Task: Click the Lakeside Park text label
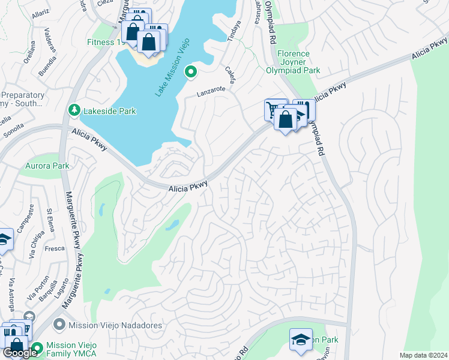110,111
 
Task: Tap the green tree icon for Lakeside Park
74,110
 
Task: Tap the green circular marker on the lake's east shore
191,73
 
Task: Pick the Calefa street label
230,76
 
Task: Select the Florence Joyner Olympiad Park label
292,62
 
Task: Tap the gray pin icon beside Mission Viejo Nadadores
59,325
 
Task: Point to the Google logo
20,353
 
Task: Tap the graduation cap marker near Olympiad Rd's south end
301,340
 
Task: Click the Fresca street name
55,247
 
